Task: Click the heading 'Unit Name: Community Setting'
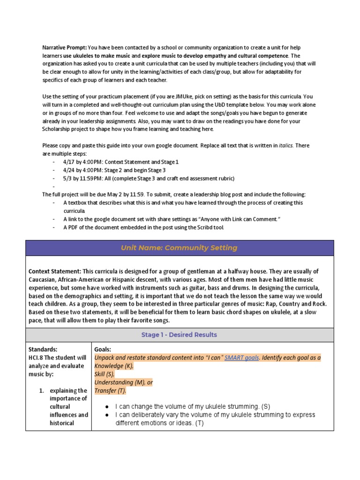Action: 180,248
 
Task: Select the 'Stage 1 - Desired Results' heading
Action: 180,335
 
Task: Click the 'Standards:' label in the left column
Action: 43,350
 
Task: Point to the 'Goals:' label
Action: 103,350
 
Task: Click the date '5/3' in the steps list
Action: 67,178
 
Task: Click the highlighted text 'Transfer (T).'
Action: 110,390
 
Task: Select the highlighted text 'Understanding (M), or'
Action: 124,382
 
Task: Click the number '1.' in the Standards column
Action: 41,390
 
